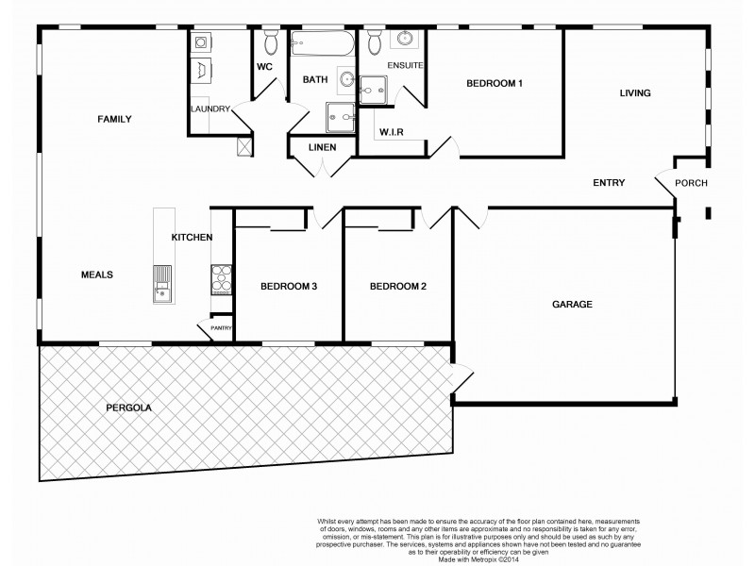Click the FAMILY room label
(x=114, y=119)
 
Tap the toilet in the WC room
(x=271, y=42)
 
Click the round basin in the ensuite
(x=405, y=40)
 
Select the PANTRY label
(x=222, y=328)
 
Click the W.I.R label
(x=391, y=132)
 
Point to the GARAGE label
(x=572, y=305)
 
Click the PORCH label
(x=692, y=183)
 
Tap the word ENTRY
(x=609, y=183)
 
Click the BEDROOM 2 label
(x=397, y=287)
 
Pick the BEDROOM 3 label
(x=288, y=287)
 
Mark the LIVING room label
(x=635, y=92)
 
